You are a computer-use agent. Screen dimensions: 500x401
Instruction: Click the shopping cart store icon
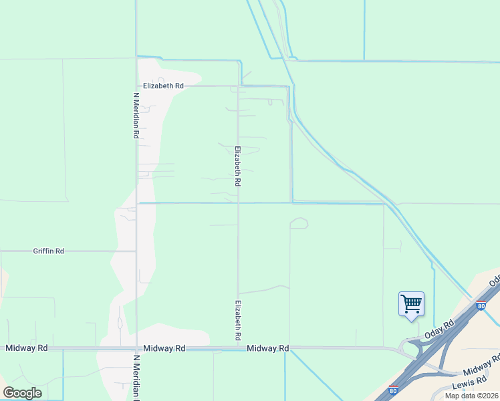(x=411, y=304)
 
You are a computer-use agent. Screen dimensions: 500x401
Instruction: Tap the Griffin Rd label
(x=49, y=251)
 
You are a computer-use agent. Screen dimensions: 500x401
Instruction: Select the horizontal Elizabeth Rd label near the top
(x=163, y=86)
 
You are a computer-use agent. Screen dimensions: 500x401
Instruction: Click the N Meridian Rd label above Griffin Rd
(x=136, y=115)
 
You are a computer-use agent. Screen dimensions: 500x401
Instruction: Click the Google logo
(x=22, y=393)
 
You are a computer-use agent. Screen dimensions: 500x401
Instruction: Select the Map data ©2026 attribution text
(x=472, y=396)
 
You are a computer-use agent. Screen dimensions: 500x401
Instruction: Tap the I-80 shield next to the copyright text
(x=393, y=390)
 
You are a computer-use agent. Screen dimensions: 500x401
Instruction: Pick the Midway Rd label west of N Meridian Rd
(x=27, y=348)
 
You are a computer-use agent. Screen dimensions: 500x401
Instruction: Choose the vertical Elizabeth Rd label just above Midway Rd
(x=237, y=320)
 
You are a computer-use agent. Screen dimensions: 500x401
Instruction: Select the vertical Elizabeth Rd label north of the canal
(x=237, y=166)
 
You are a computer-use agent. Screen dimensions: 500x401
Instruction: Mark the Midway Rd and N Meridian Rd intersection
(x=136, y=348)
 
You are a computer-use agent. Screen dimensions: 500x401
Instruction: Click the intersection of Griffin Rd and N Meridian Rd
(x=136, y=251)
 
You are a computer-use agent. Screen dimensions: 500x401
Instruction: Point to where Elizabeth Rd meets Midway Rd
(x=239, y=348)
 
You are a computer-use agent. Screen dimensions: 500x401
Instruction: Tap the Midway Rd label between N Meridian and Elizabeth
(x=164, y=348)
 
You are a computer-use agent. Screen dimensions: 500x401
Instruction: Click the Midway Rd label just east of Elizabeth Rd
(x=267, y=348)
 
